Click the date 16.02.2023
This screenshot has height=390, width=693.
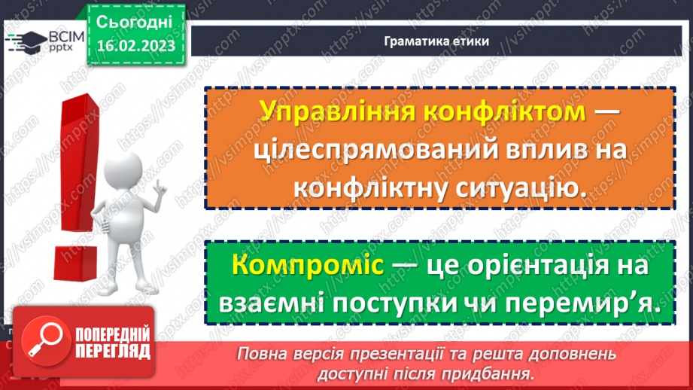point(136,47)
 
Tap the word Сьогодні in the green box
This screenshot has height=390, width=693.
point(135,21)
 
